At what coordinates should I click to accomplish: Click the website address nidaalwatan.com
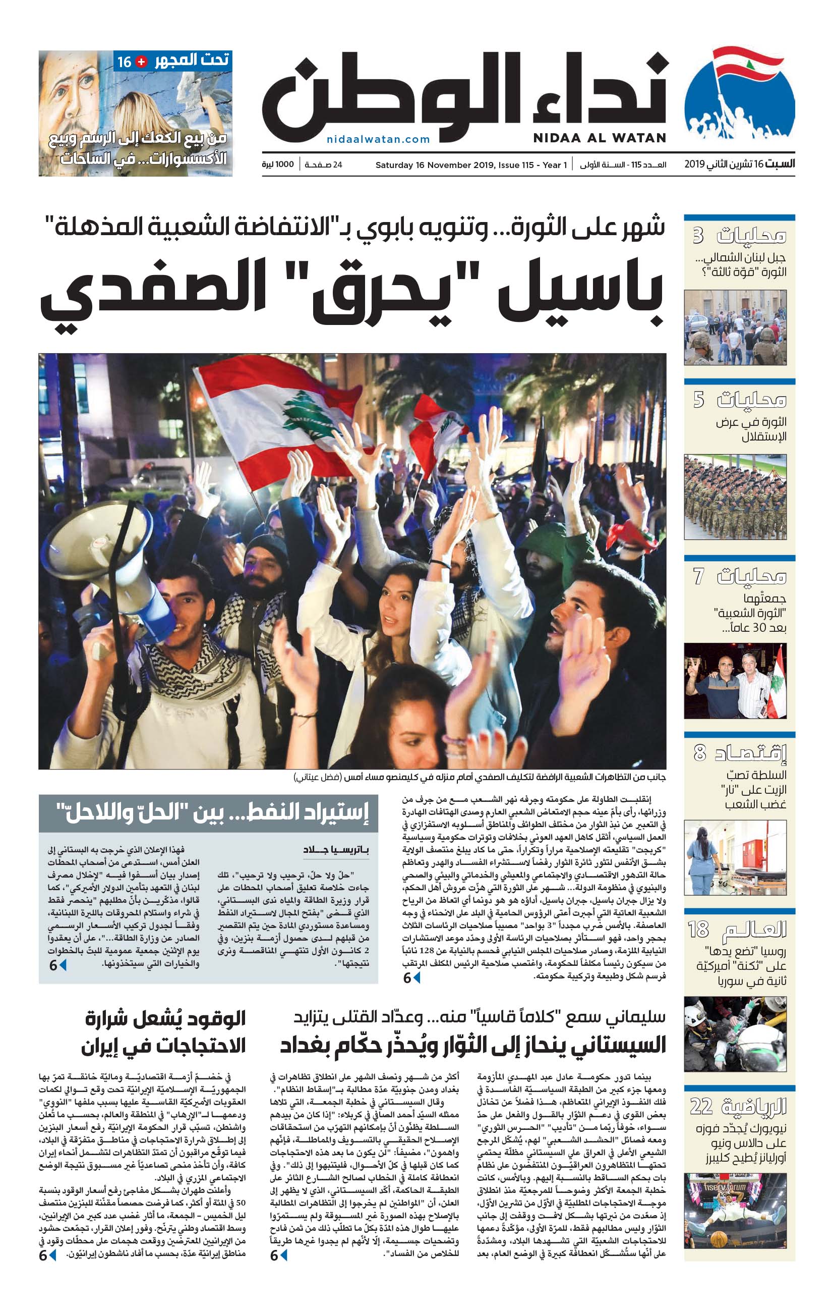tap(378, 139)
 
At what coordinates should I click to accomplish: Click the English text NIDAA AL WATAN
tap(599, 138)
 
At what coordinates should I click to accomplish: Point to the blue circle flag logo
tap(739, 96)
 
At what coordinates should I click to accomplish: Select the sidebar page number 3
tap(698, 235)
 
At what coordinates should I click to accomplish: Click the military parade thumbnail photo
tap(735, 497)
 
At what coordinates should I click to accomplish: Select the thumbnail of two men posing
tap(735, 681)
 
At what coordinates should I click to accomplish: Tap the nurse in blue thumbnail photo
tap(735, 858)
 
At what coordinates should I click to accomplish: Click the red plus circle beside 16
tap(141, 62)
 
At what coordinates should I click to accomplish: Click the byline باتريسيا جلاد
tap(336, 850)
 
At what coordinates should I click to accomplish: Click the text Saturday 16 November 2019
tap(426, 165)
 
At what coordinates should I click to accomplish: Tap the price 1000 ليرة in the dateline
tap(278, 165)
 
